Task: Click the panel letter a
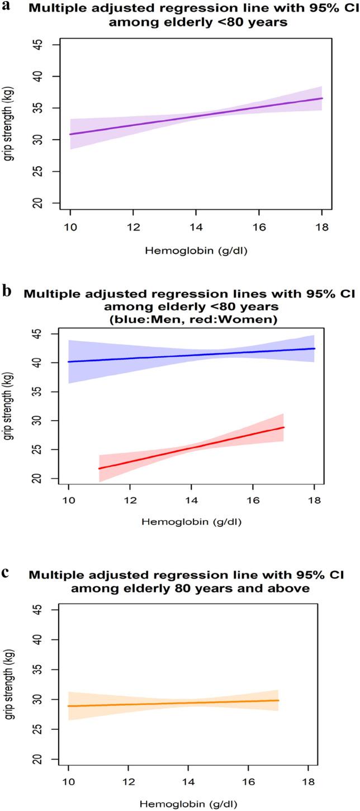pyautogui.click(x=6, y=6)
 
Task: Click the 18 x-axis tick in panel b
pyautogui.click(x=314, y=502)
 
